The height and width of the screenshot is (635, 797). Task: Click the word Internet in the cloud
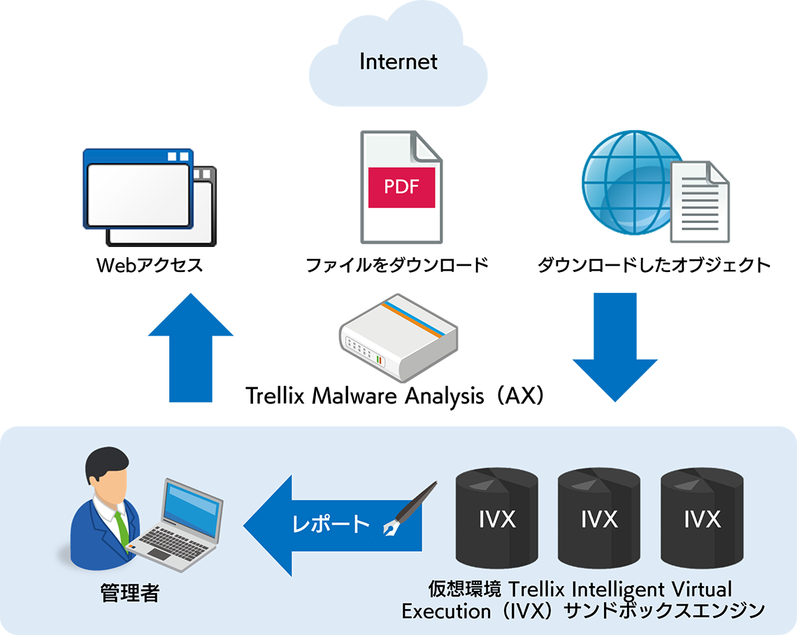pyautogui.click(x=398, y=62)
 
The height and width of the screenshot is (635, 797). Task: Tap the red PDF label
pyautogui.click(x=402, y=187)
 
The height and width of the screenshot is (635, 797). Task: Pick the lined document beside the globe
pyautogui.click(x=699, y=204)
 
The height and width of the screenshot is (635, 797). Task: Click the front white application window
pyautogui.click(x=138, y=194)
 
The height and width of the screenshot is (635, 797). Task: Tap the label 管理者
pyautogui.click(x=131, y=594)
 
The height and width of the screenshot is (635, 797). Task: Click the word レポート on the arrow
pyautogui.click(x=331, y=524)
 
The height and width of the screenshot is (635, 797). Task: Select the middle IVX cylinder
pyautogui.click(x=599, y=519)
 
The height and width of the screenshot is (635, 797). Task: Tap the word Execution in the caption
pyautogui.click(x=446, y=611)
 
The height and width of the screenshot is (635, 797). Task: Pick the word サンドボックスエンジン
pyautogui.click(x=664, y=611)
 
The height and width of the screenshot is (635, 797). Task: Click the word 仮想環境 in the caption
pyautogui.click(x=464, y=589)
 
